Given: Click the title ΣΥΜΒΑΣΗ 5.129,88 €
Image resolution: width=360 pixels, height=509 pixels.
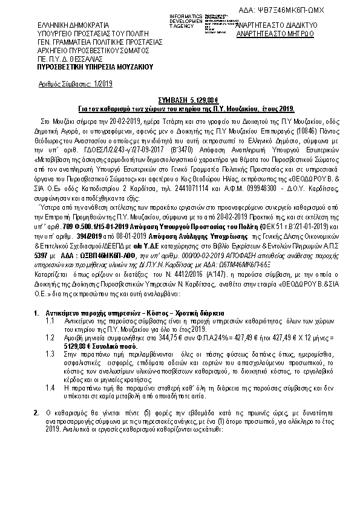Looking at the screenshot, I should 180,100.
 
